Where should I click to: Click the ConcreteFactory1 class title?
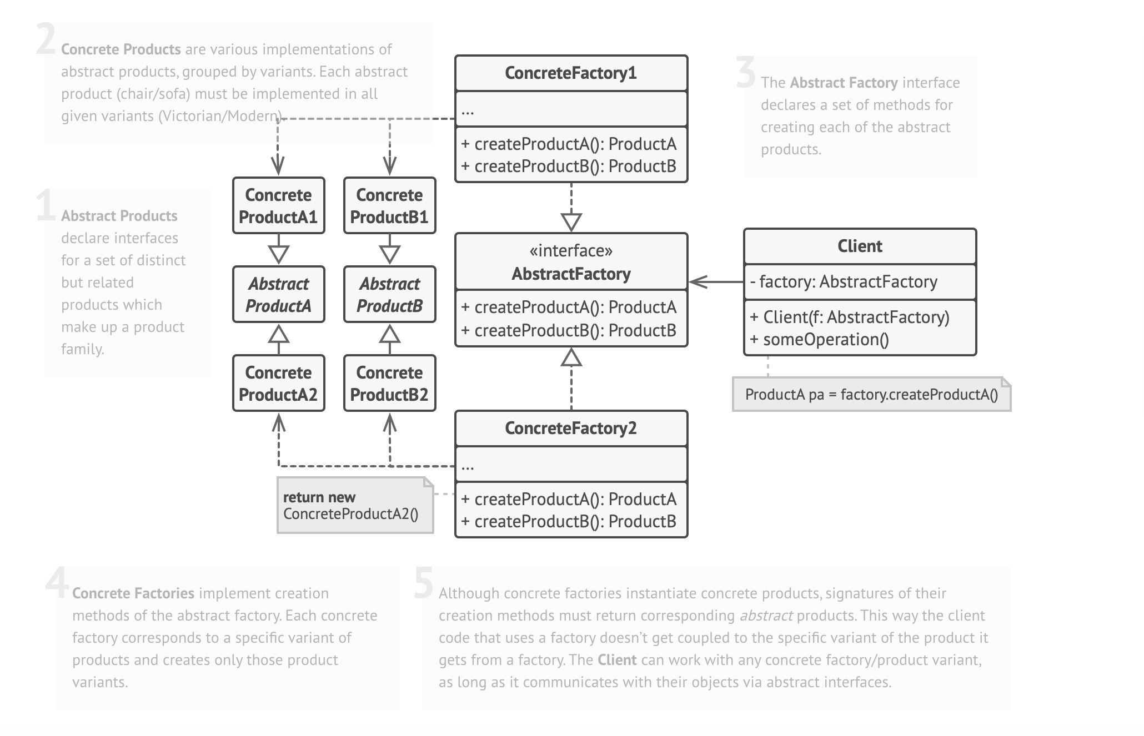click(x=571, y=73)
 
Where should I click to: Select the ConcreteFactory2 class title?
click(x=571, y=429)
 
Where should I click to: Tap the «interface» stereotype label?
click(x=571, y=251)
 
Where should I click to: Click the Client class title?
click(x=860, y=246)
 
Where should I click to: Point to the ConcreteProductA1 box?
click(x=279, y=206)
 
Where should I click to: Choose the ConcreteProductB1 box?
click(x=390, y=206)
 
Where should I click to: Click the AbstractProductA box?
click(x=279, y=295)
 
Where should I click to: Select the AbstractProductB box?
click(x=390, y=295)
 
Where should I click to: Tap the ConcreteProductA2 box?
click(x=279, y=384)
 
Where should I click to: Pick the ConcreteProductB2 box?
click(x=390, y=384)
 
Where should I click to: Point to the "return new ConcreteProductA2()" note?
click(x=354, y=506)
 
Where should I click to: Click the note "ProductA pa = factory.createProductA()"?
click(x=871, y=395)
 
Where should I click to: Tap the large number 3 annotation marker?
click(x=746, y=73)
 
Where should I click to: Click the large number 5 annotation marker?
click(x=424, y=584)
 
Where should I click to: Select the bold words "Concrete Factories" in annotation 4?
click(x=133, y=593)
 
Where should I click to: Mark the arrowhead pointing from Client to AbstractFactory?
click(x=698, y=282)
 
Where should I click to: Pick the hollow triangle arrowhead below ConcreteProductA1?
click(x=279, y=254)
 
